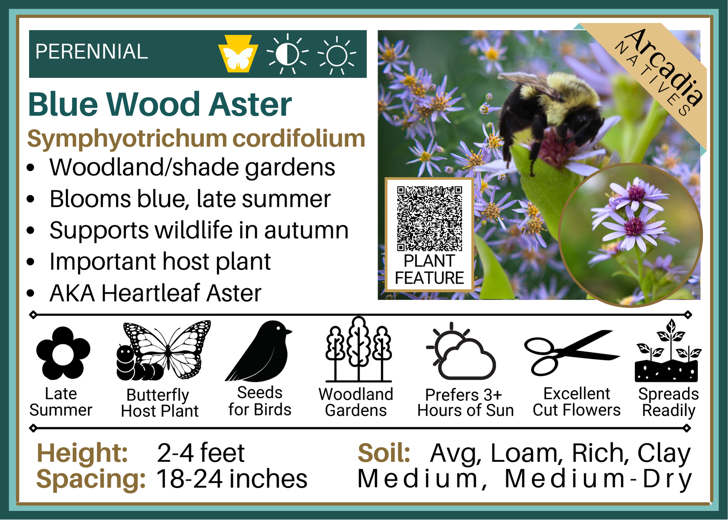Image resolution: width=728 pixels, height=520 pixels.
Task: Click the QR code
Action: [x=430, y=218]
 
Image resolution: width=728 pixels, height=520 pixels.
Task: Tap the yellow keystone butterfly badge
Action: [x=238, y=54]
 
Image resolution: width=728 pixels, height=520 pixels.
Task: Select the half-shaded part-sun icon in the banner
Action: [x=287, y=54]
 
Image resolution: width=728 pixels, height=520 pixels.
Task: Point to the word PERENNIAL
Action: [x=92, y=51]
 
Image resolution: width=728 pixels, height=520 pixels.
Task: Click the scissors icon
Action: [x=572, y=352]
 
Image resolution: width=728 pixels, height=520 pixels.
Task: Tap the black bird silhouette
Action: [x=259, y=351]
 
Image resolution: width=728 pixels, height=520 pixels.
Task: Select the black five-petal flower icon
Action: [x=63, y=353]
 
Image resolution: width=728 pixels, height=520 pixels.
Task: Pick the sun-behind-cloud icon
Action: [x=461, y=351]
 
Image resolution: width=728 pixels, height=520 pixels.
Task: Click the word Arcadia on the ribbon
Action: [x=665, y=67]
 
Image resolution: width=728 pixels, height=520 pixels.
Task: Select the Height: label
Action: [x=82, y=453]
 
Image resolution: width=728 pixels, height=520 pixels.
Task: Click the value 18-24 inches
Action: [x=232, y=478]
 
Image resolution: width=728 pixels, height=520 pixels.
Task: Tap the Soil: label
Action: [x=384, y=453]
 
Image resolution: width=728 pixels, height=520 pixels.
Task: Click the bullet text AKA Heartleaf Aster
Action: [x=155, y=293]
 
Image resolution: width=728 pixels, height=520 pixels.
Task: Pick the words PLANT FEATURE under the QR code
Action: [x=430, y=269]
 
